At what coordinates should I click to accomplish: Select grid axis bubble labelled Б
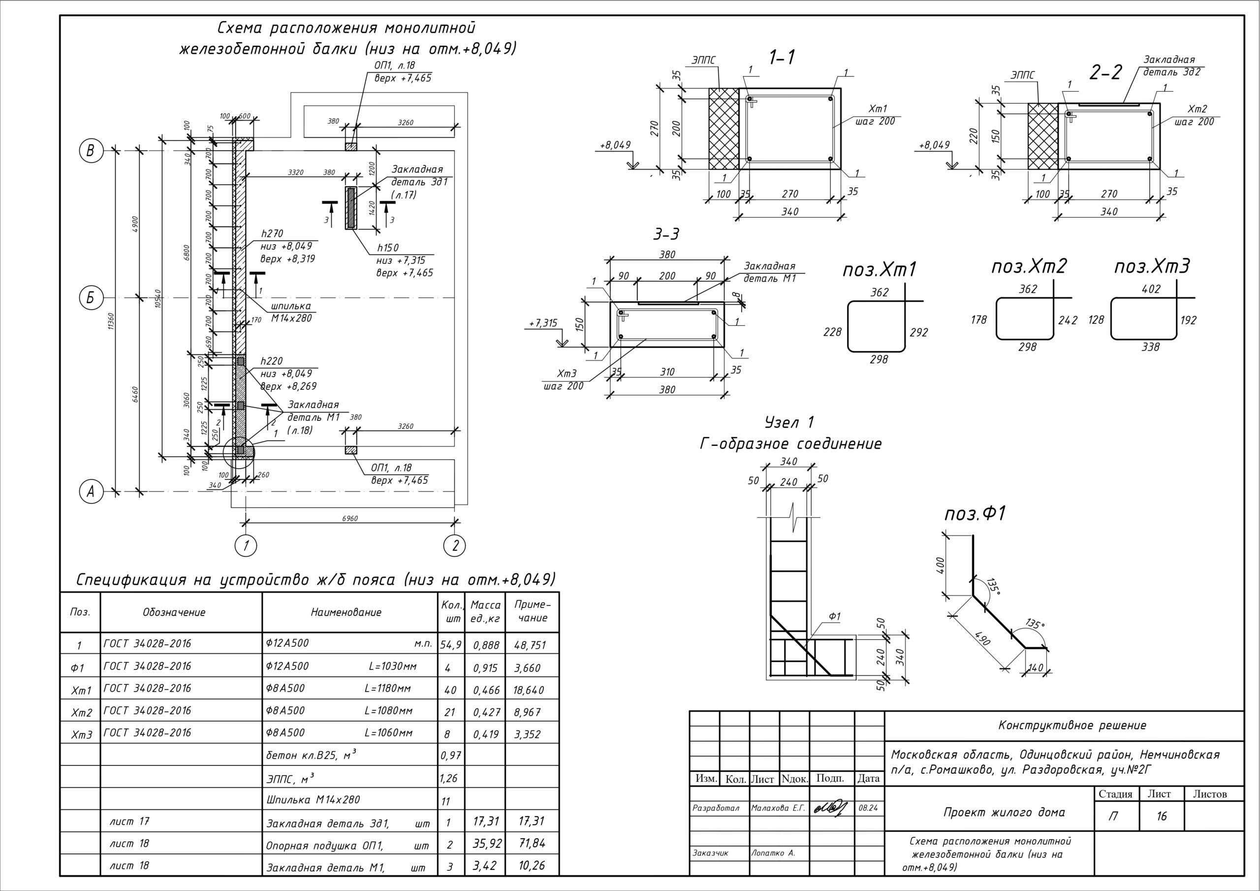[91, 299]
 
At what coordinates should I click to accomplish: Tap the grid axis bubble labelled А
[91, 491]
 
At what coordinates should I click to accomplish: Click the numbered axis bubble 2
[455, 546]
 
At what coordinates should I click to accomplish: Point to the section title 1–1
[782, 57]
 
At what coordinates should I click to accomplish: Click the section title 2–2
[1106, 72]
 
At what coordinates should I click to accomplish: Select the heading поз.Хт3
[1152, 267]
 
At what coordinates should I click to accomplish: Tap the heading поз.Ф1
[975, 514]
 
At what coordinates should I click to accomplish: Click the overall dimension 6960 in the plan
[349, 518]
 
